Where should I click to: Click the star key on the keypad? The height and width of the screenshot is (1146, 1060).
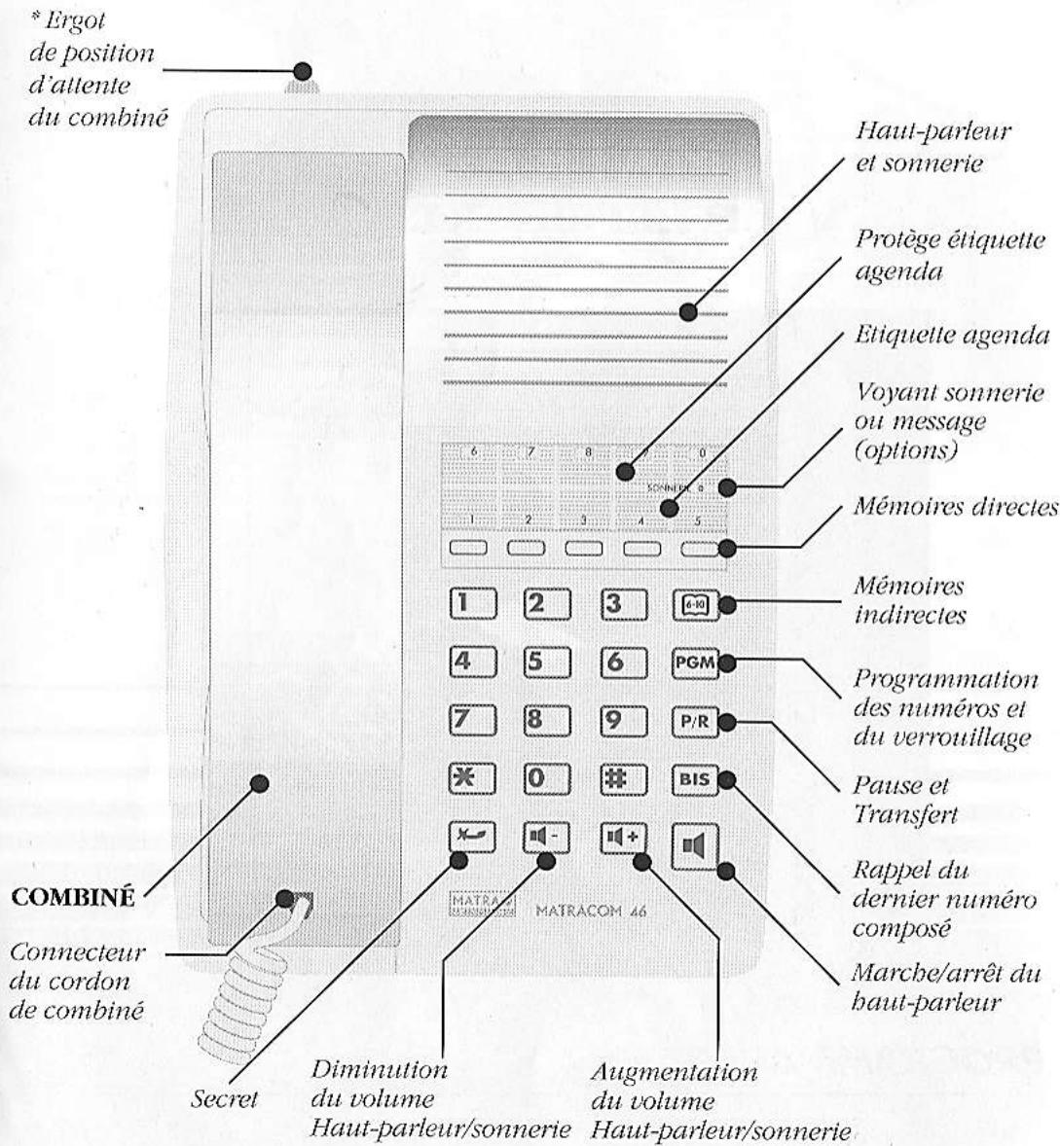tap(471, 778)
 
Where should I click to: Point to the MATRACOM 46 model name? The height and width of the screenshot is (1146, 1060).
tap(591, 912)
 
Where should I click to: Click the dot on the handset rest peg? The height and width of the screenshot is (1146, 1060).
tap(302, 71)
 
